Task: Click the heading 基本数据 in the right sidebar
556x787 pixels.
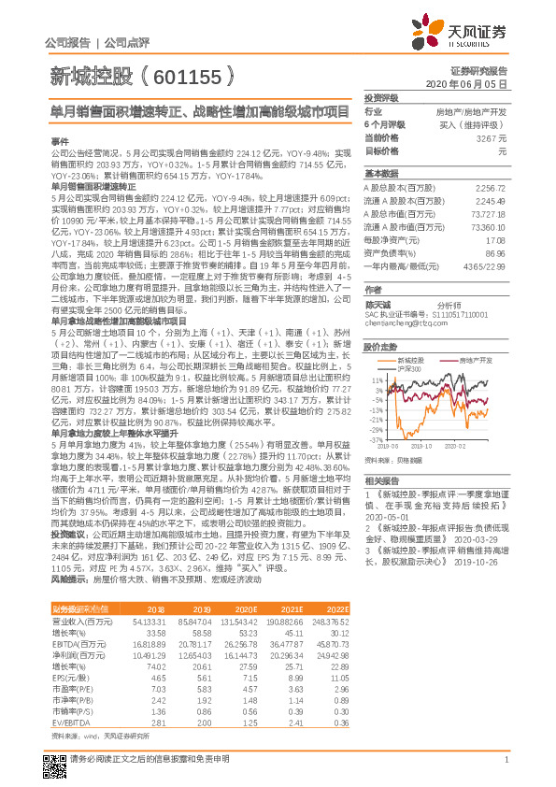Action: pos(380,174)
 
